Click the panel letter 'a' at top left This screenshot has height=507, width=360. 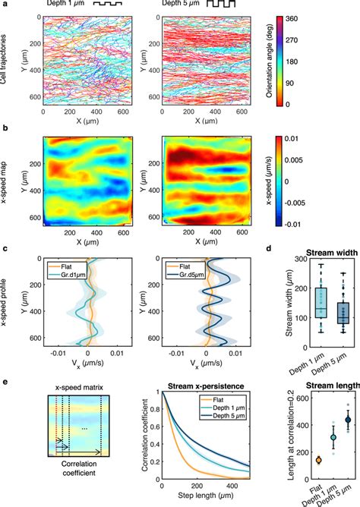5,5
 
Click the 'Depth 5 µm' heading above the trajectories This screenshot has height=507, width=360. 185,5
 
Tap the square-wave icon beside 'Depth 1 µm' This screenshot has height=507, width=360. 109,5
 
